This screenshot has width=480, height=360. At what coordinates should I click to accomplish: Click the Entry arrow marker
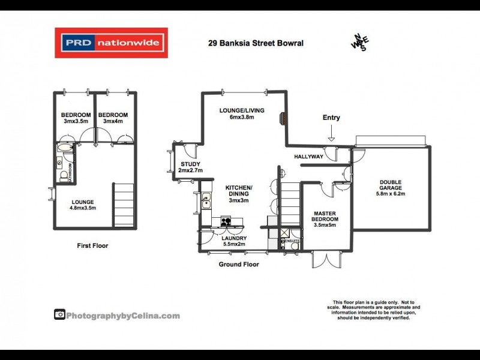coord(331,139)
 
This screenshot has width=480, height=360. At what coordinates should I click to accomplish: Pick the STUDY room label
coord(190,167)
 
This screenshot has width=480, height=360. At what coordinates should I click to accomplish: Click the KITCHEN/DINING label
coord(239,194)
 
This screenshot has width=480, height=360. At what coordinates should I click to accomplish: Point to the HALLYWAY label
coord(309,157)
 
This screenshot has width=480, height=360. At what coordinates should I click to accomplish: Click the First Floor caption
coord(92,245)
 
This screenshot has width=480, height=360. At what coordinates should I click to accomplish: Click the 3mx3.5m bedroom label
coord(76,118)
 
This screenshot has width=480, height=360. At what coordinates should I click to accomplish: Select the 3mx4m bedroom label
coord(110,118)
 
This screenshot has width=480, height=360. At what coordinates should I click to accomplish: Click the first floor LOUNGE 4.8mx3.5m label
coord(82,205)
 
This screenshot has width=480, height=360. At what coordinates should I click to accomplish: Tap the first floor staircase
coord(124,205)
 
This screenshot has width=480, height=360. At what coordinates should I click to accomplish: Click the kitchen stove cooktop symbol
coord(227,221)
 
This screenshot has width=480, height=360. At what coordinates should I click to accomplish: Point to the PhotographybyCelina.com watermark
coord(117,315)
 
